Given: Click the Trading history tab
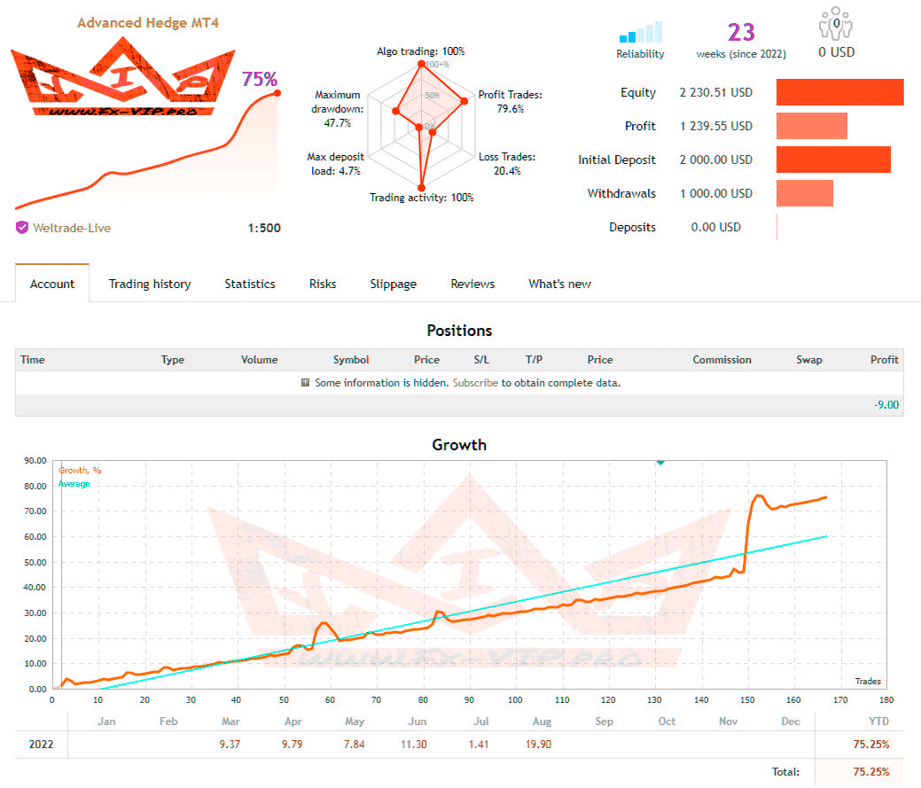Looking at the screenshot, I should [x=150, y=284].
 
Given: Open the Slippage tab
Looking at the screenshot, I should [x=393, y=284].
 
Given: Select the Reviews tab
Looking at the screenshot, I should [x=472, y=284].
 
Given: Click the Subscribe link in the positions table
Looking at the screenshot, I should [x=475, y=383].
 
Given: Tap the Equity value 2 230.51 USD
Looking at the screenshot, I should [x=715, y=93].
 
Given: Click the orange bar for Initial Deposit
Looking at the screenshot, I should [x=833, y=160].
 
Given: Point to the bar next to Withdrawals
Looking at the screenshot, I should [x=805, y=193].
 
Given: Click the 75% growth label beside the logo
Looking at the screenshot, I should [x=259, y=79].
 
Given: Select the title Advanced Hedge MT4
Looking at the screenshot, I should [x=148, y=22].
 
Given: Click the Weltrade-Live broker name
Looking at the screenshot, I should [x=72, y=228].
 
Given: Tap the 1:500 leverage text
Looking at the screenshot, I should [x=264, y=228].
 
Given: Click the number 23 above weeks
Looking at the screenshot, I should [x=741, y=33].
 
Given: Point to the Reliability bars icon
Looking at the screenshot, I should [x=641, y=34].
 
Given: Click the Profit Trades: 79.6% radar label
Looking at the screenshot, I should [x=510, y=102].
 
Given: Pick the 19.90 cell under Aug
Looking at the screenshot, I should [x=537, y=744].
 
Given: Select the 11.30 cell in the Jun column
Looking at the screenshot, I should [x=414, y=744].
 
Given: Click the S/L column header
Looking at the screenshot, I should [x=481, y=360].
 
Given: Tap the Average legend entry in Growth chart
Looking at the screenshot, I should [x=74, y=484].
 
